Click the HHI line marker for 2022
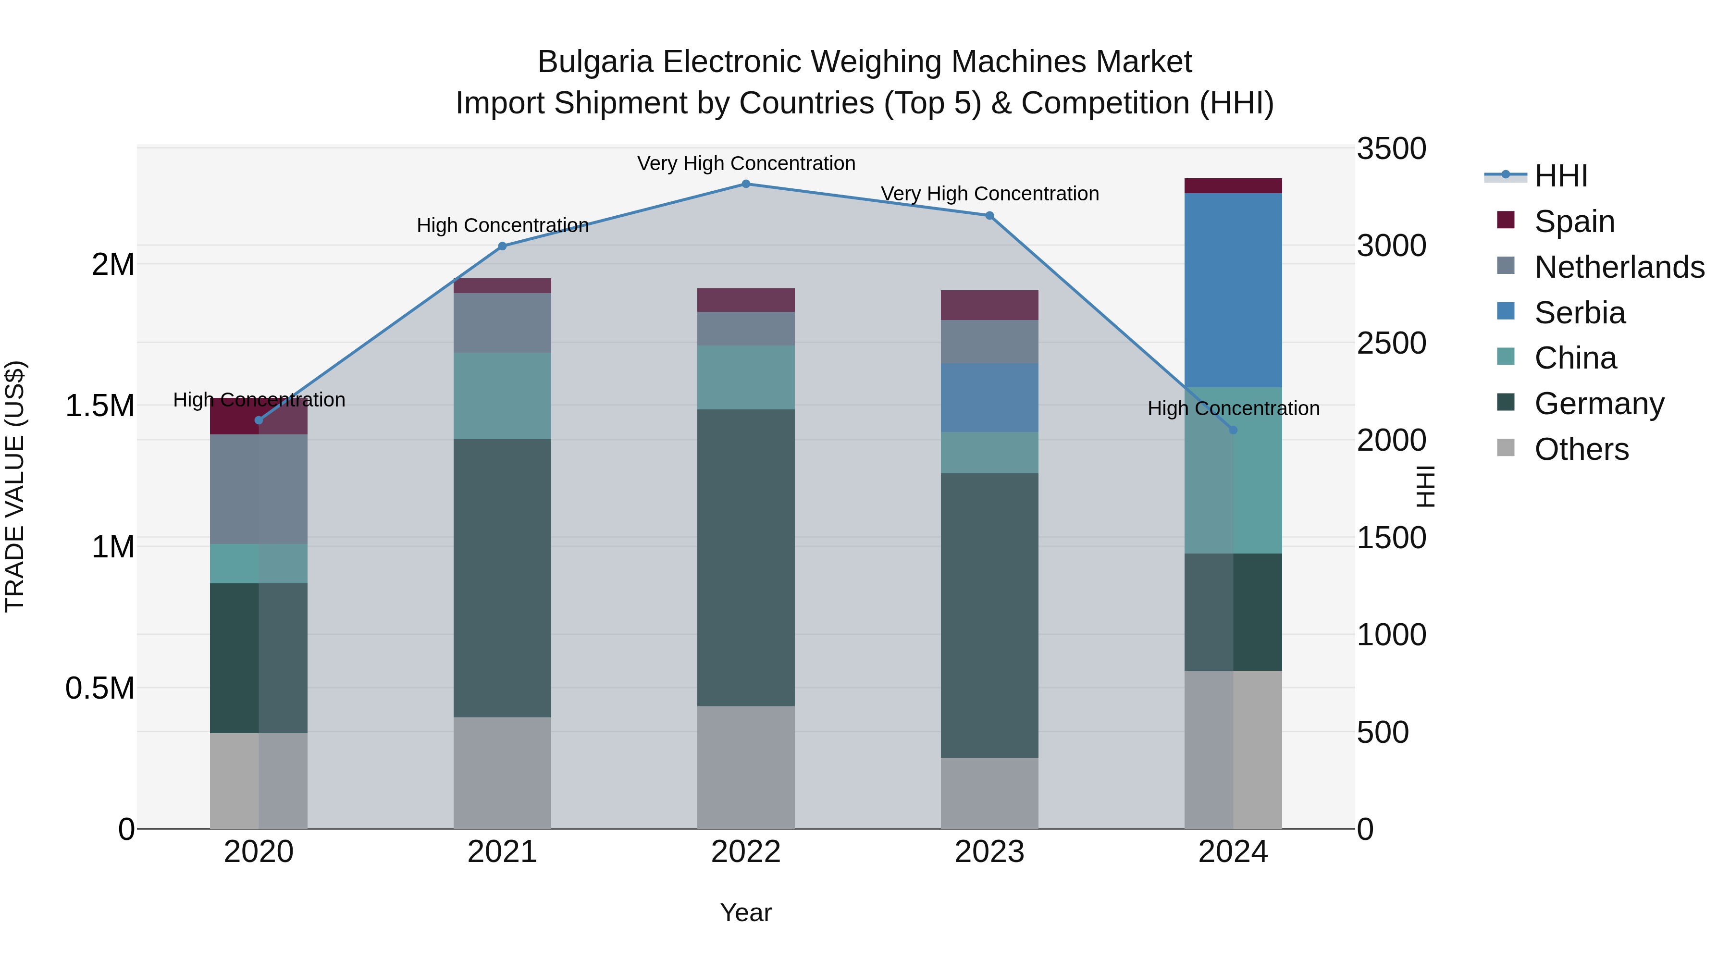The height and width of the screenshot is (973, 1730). click(x=745, y=184)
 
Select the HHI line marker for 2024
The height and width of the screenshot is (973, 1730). click(x=1233, y=430)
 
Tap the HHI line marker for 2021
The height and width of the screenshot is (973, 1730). click(x=502, y=246)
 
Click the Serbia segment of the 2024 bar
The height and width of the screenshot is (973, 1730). click(x=1233, y=290)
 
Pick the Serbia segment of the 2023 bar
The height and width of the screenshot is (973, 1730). click(x=989, y=397)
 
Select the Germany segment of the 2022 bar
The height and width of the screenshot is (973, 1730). click(x=745, y=557)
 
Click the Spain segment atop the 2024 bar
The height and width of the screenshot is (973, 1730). click(x=1233, y=186)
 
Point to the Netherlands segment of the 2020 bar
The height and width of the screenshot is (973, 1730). click(x=259, y=489)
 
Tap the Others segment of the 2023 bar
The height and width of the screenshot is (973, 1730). click(x=989, y=793)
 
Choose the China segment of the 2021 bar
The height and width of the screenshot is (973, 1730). click(x=502, y=396)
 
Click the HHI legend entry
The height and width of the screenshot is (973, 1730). click(x=1559, y=176)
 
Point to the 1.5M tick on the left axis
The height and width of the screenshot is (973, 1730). click(x=99, y=406)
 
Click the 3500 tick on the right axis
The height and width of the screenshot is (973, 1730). click(x=1391, y=148)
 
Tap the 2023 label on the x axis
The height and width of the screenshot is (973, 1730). click(x=989, y=852)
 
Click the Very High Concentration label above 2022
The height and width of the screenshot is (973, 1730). click(x=745, y=163)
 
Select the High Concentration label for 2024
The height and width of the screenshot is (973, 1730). click(x=1233, y=408)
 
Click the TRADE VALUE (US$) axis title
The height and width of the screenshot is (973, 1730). click(x=15, y=486)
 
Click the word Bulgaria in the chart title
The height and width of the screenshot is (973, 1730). click(x=595, y=62)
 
